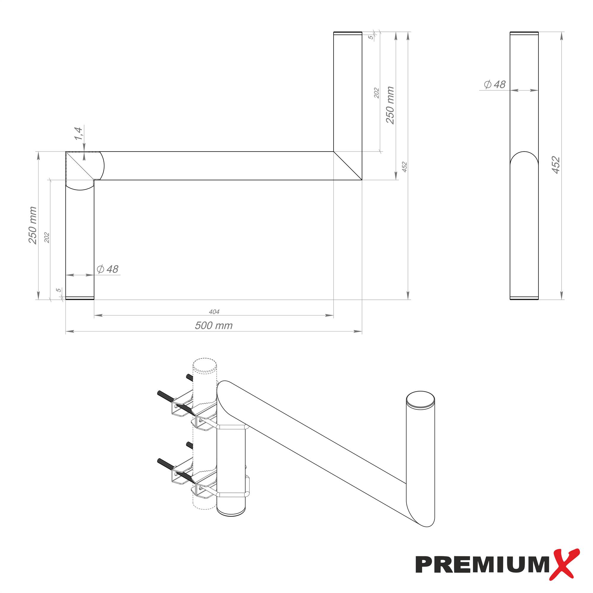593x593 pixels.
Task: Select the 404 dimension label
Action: tap(214, 312)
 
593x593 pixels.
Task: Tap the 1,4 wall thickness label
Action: tap(79, 133)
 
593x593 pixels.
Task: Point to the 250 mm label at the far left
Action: tap(33, 226)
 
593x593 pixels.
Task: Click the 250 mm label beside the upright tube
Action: tap(390, 105)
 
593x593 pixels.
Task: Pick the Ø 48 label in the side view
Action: tap(495, 85)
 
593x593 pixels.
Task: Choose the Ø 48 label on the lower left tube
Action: tap(107, 269)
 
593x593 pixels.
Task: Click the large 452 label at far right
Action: tap(556, 165)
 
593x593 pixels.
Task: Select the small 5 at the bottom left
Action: tap(58, 290)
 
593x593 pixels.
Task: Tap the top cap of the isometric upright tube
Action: tap(420, 400)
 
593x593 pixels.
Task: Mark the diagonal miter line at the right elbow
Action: tap(348, 166)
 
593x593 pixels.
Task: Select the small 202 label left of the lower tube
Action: tap(47, 237)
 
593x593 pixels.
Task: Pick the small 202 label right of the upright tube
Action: tap(377, 93)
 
